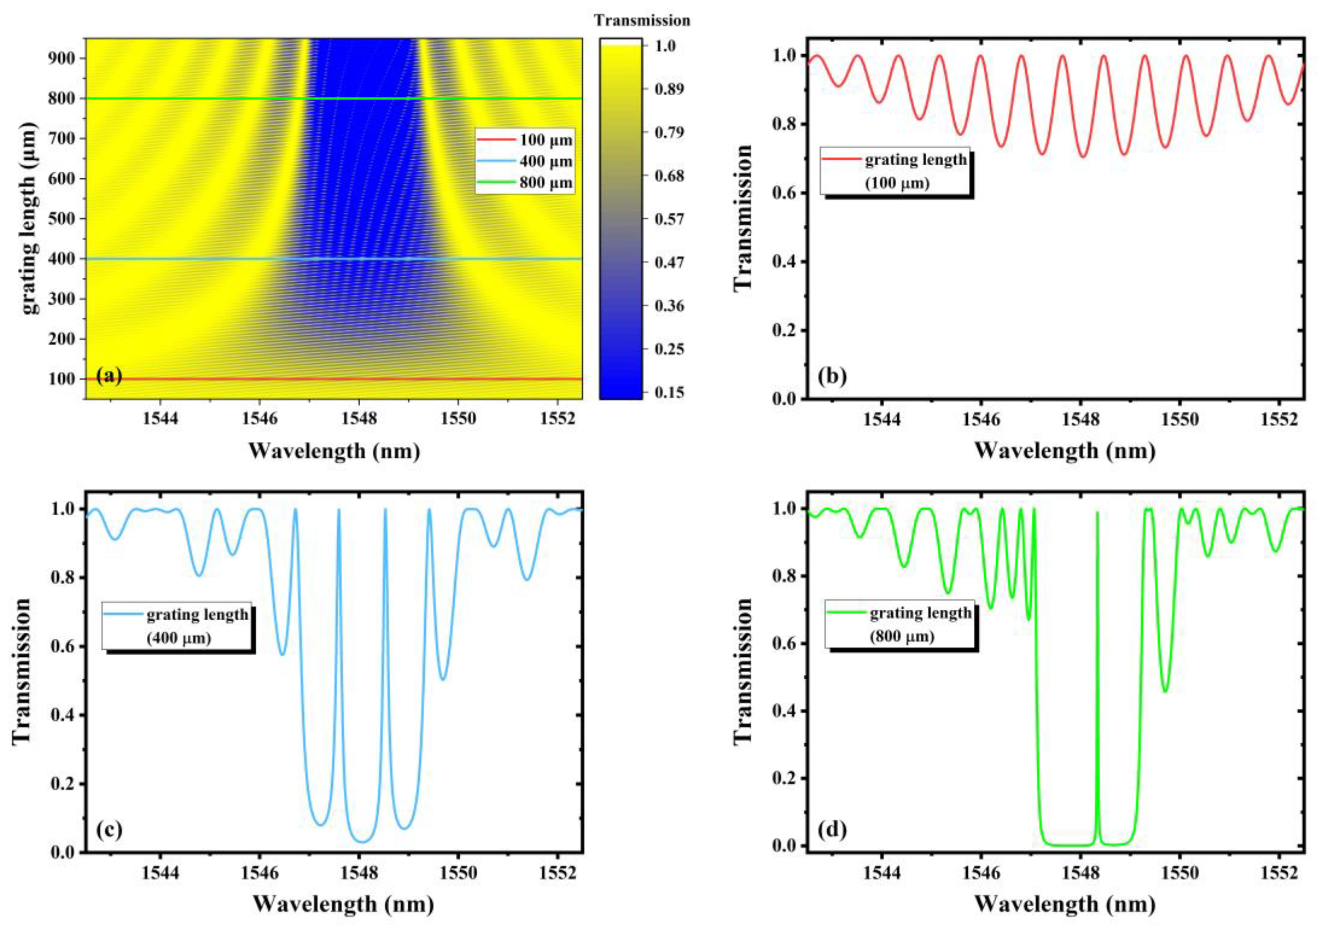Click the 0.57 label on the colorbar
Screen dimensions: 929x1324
pyautogui.click(x=669, y=219)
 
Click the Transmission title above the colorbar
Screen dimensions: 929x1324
pyautogui.click(x=642, y=21)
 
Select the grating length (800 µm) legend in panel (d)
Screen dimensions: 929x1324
pyautogui.click(x=901, y=625)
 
